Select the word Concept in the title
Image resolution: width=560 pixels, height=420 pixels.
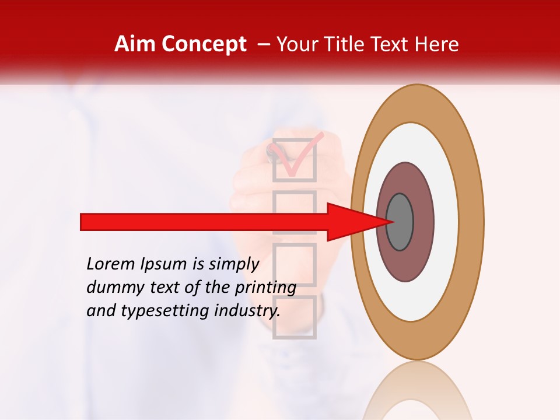click(204, 44)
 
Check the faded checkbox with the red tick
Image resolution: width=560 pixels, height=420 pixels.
click(295, 159)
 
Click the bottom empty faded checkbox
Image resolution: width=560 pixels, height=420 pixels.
click(295, 317)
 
